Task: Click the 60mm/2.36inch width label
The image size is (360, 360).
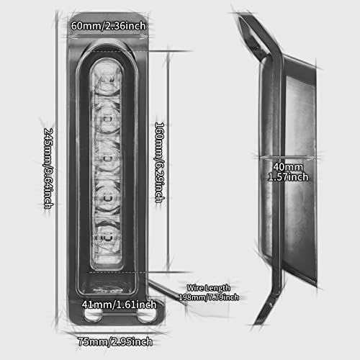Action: point(108,26)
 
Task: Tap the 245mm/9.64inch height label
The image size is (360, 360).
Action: point(48,168)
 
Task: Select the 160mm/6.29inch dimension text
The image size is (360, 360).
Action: point(160,163)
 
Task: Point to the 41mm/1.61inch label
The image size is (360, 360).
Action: point(119,305)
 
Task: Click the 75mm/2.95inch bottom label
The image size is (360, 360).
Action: point(115,341)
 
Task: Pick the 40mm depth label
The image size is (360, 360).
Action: point(288,167)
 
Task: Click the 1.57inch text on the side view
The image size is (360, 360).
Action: point(288,177)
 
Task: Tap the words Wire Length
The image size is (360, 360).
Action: point(208,288)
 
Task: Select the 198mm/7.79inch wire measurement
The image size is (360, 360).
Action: point(209,297)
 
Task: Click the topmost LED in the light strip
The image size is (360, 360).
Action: point(107,81)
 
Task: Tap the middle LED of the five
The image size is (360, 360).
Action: point(108,158)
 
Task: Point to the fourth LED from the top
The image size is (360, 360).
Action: point(108,198)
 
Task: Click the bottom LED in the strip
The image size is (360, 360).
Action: point(107,238)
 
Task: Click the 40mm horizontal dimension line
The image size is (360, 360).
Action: point(288,157)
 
